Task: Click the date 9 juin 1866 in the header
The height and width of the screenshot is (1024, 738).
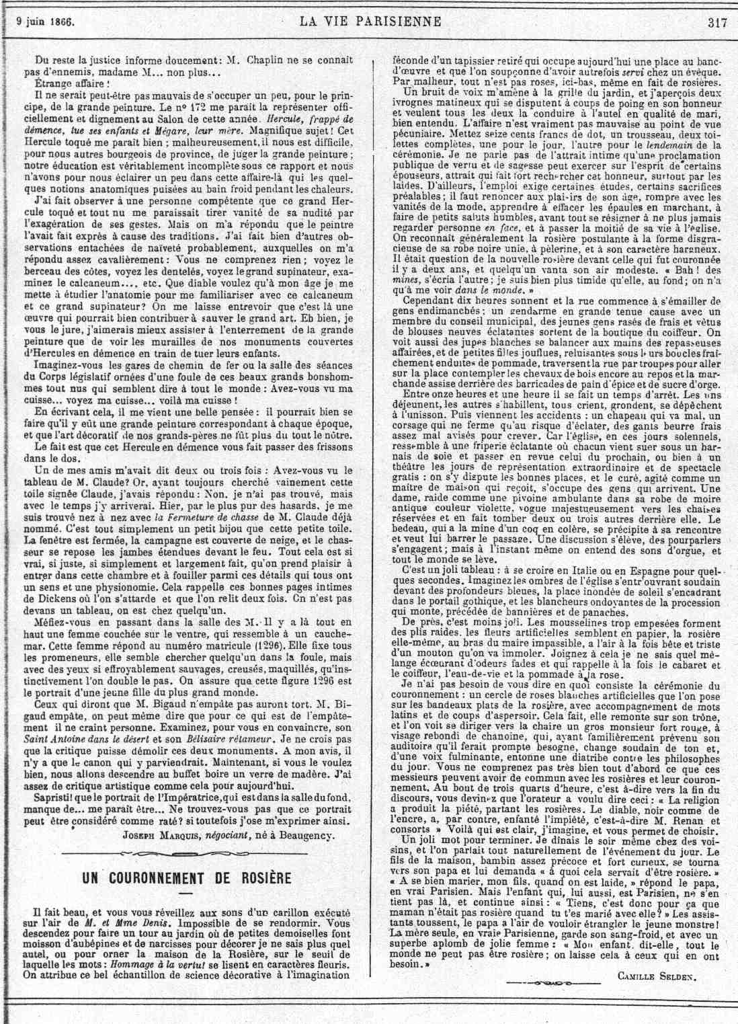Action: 45,22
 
